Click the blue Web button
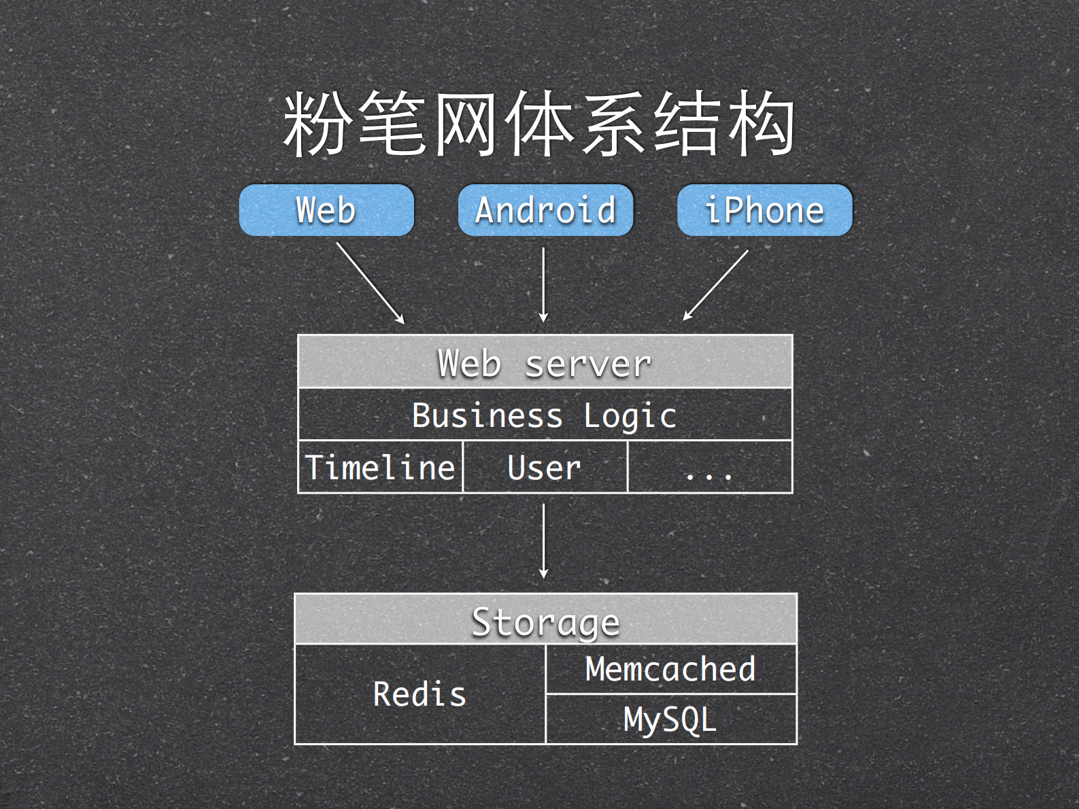(x=326, y=210)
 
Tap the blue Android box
(x=545, y=210)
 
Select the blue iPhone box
(x=764, y=210)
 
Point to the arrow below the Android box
(x=543, y=284)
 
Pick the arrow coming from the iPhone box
(x=716, y=284)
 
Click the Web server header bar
(x=545, y=362)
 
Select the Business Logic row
(x=545, y=415)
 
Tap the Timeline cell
(x=380, y=467)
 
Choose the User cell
(x=545, y=467)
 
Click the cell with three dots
(x=709, y=467)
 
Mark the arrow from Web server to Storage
(x=543, y=540)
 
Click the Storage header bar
(x=545, y=619)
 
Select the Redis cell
(x=419, y=694)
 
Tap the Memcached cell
(x=670, y=669)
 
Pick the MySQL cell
(x=670, y=719)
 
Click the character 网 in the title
(x=465, y=124)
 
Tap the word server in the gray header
(x=588, y=364)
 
